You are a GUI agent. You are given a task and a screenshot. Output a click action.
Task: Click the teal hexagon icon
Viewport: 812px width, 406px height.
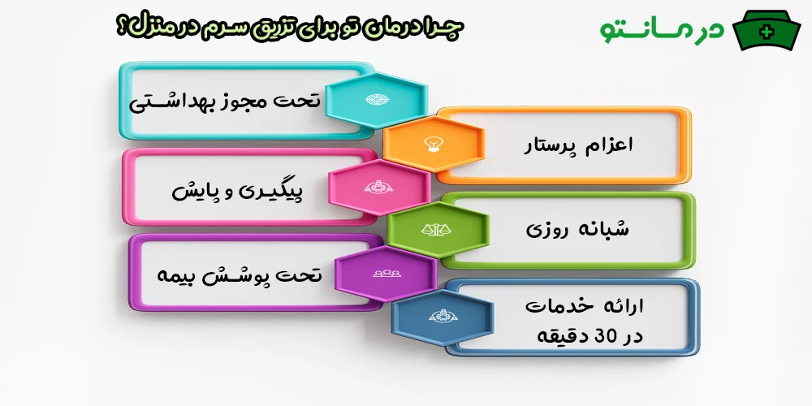tap(376, 98)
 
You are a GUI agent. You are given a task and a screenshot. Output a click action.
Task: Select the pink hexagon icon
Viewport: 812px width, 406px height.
tap(378, 188)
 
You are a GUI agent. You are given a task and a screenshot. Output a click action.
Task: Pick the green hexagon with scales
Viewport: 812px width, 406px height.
tap(438, 231)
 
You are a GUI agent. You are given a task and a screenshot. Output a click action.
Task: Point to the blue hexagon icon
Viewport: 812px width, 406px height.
tap(442, 317)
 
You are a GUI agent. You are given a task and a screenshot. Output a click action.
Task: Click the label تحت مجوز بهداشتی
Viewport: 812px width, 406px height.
tap(226, 103)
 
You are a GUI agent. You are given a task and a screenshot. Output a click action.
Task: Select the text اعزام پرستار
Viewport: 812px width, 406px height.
tap(578, 146)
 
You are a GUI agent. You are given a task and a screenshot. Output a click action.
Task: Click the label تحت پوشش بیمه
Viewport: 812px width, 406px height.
tap(240, 275)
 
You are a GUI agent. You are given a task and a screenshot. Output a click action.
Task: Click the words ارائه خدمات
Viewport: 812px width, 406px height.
tap(585, 306)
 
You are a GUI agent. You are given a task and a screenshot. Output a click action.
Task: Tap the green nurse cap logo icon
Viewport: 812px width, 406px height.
tap(766, 31)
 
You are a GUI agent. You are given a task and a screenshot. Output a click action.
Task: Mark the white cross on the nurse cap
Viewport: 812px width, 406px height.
tap(766, 32)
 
